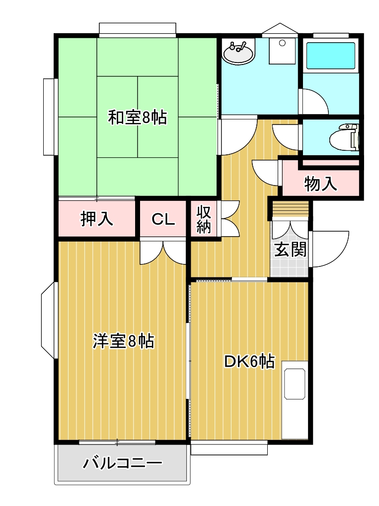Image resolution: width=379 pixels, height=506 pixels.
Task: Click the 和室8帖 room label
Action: pos(138,118)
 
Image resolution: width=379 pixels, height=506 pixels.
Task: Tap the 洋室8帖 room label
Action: pos(123,341)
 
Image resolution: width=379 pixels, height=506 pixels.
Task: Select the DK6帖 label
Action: pos(249,362)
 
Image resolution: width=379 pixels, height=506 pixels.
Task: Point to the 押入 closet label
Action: pos(97,219)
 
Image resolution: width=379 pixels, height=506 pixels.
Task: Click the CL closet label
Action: pos(163,219)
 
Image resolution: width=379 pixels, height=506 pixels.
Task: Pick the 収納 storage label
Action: pos(204,219)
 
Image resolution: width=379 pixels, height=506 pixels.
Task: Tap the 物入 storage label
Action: pos(320,184)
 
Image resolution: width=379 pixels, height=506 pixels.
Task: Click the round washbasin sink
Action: pos(238,52)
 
